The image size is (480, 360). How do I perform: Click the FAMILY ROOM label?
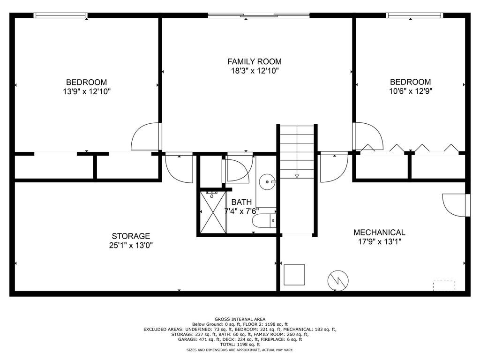255,61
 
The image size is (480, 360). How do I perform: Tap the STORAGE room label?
131,236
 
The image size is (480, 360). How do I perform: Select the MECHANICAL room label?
379,232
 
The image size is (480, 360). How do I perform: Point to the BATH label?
241,202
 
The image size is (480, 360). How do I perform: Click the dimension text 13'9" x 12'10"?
87,91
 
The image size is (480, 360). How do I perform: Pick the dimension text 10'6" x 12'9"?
411,91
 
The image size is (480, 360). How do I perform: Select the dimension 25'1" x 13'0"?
131,245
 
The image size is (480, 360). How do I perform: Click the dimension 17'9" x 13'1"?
380,241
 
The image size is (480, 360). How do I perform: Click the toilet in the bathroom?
264,221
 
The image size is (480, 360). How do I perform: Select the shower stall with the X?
213,212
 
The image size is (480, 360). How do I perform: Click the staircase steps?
297,151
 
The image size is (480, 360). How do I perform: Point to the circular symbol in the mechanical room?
338,280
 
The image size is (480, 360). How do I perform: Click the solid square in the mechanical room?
294,275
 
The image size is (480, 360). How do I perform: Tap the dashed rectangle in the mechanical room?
443,285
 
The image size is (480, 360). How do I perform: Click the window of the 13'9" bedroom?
60,15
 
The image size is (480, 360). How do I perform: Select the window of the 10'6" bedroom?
415,15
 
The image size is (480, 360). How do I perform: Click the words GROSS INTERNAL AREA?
240,319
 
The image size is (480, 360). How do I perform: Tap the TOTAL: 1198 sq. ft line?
240,345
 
